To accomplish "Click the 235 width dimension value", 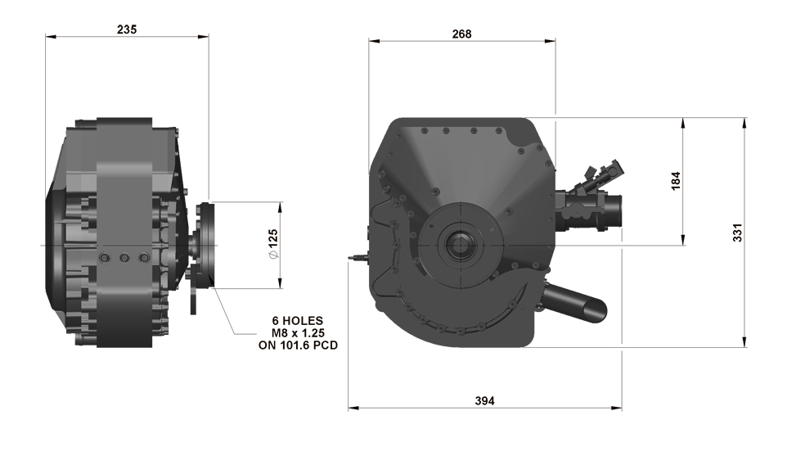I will coord(127,29).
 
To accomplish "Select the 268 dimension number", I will coord(461,34).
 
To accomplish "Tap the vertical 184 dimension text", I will coord(675,181).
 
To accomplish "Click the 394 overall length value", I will coord(485,400).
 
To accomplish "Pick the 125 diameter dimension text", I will coord(273,245).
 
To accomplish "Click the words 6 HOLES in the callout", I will coord(298,320).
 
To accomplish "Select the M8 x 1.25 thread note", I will coord(298,332).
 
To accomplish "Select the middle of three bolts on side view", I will coord(124,259).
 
